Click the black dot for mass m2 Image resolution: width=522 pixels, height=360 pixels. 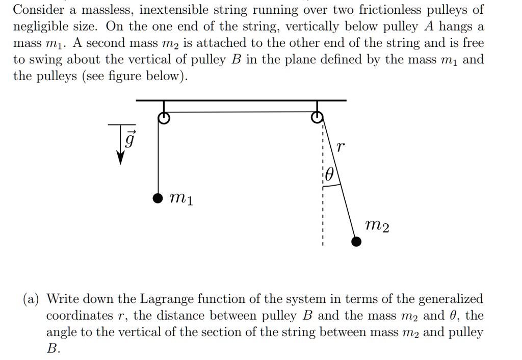coord(356,241)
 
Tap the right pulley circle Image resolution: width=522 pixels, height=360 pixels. coord(317,118)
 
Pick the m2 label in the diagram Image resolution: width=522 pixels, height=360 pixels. coord(378,224)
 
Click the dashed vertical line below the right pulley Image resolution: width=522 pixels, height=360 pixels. coord(323,214)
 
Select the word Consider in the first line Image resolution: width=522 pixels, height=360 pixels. coord(38,10)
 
